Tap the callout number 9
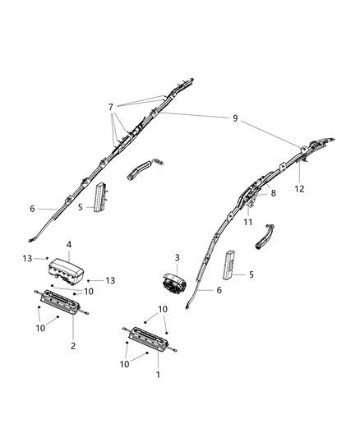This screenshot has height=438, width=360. tap(235, 119)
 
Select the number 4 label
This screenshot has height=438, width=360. tap(69, 245)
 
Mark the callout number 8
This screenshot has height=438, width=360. tap(275, 193)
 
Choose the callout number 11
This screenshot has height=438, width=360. tap(247, 223)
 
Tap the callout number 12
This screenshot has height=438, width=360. tap(300, 188)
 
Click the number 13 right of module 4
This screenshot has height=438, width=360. tap(110, 280)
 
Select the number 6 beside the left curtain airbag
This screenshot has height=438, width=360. tap(32, 209)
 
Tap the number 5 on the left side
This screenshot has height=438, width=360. tap(81, 207)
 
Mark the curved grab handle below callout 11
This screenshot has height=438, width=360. tap(266, 241)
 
